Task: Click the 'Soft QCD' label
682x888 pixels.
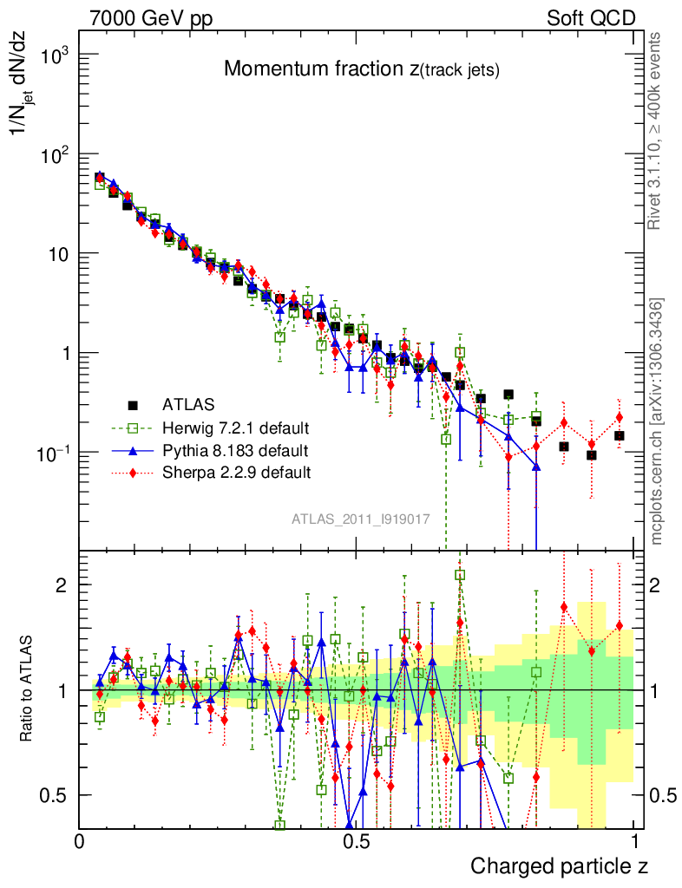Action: click(x=590, y=18)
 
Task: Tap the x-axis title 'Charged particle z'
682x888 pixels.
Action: click(x=559, y=865)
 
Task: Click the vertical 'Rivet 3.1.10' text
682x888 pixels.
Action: click(x=655, y=130)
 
